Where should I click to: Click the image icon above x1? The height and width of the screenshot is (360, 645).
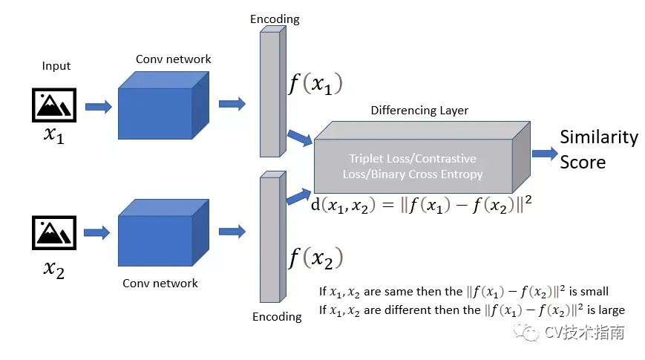56,105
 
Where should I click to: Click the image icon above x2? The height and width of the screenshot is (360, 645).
56,232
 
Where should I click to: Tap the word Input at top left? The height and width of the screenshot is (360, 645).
56,65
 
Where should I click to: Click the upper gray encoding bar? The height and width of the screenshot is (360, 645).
271,93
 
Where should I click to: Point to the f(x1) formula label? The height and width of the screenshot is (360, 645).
315,84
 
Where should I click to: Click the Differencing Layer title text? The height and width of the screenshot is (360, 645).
419,111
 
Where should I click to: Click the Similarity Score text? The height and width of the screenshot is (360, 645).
598,149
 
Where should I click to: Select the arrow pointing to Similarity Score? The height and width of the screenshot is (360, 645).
544,153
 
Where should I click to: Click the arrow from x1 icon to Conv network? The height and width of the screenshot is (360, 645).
98,107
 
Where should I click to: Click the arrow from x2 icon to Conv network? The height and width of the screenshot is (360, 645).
98,233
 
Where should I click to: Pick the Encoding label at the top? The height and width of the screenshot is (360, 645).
275,19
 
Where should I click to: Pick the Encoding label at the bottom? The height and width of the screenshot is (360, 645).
277,317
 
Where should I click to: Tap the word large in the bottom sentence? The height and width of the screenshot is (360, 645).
606,310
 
